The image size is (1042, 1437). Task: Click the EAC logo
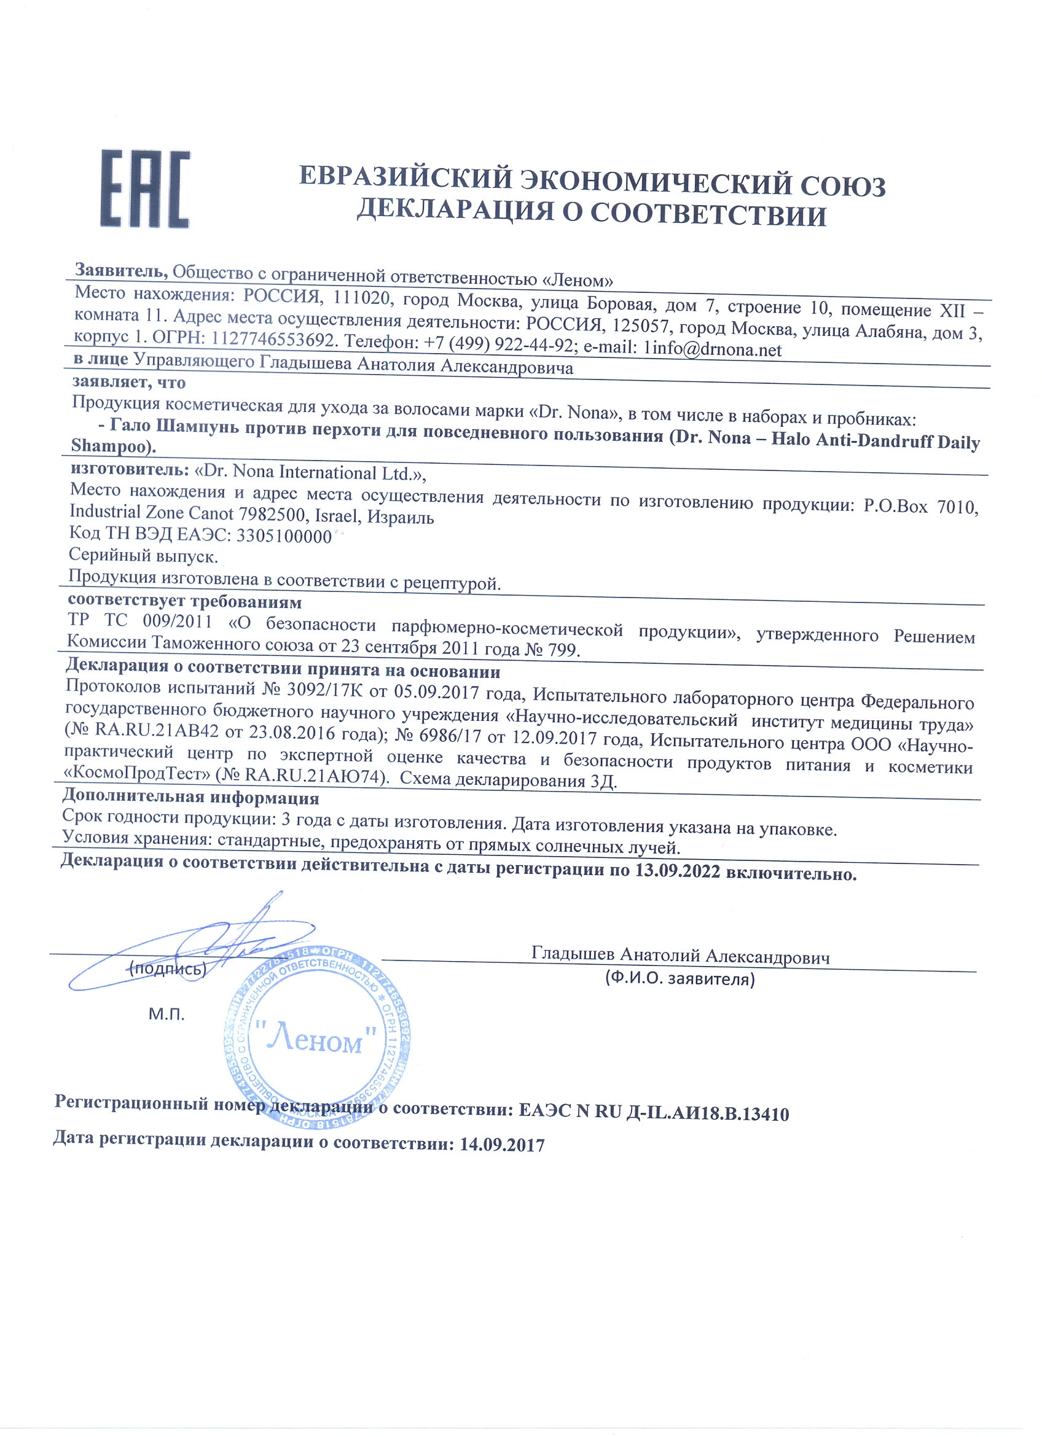click(144, 189)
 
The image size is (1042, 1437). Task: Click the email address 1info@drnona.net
click(713, 349)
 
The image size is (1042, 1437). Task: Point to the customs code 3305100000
click(284, 536)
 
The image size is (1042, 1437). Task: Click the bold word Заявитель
click(121, 271)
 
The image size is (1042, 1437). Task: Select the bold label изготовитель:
click(129, 470)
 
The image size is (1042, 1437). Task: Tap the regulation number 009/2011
click(177, 621)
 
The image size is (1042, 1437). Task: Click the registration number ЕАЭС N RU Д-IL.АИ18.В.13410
click(654, 1113)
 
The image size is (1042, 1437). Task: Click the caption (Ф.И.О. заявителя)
click(680, 979)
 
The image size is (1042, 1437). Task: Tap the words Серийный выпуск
click(143, 556)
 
